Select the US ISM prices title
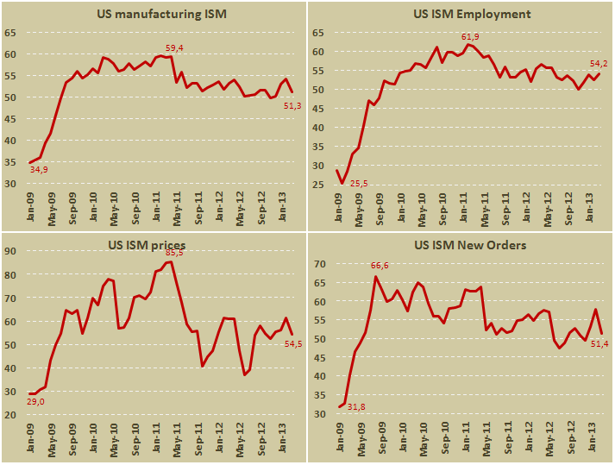tap(147, 244)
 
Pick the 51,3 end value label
tap(292, 105)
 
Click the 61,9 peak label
tap(470, 36)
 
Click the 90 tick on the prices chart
tap(11, 251)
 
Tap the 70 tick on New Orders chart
tap(317, 264)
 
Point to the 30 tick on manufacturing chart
tap(11, 184)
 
